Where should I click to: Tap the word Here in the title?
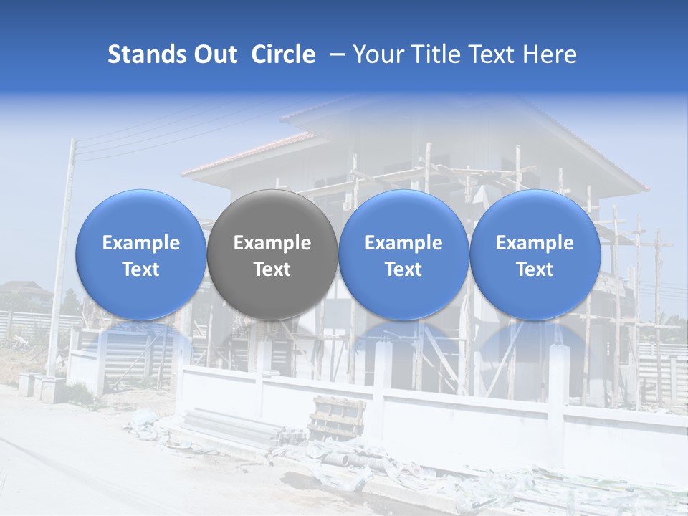pyautogui.click(x=550, y=54)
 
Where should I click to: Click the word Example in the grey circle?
pyautogui.click(x=272, y=243)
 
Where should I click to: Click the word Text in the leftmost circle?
pyautogui.click(x=140, y=269)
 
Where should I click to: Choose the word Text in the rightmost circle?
pyautogui.click(x=535, y=269)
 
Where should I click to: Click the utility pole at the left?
pyautogui.click(x=62, y=251)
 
